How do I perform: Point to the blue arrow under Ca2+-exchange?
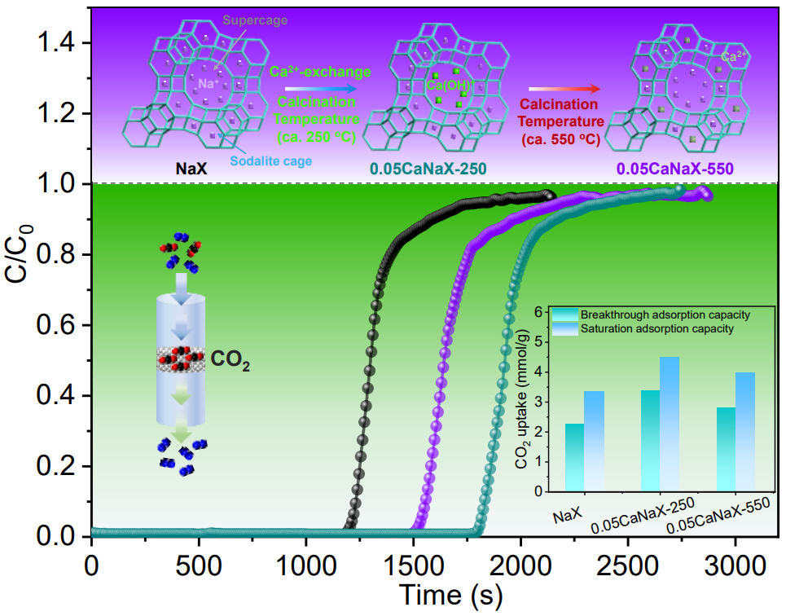[319, 88]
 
